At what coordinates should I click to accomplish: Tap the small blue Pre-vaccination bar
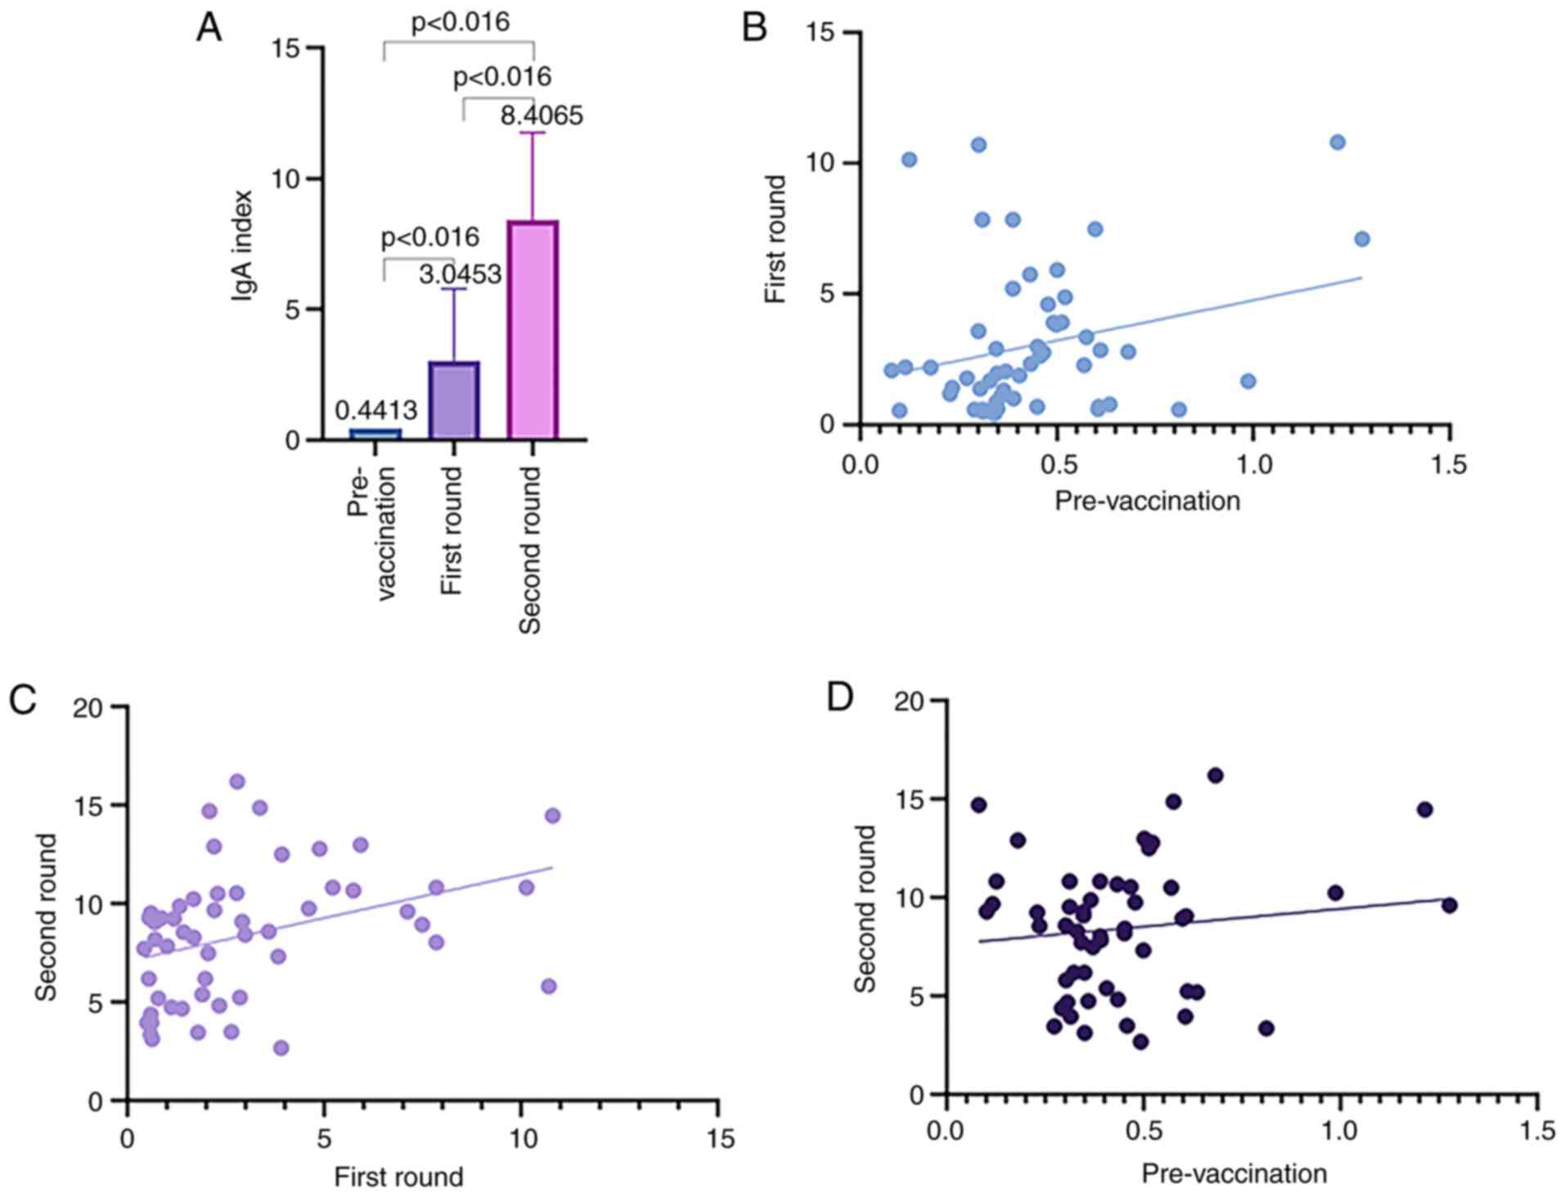pyautogui.click(x=376, y=434)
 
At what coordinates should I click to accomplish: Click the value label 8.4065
pyautogui.click(x=542, y=116)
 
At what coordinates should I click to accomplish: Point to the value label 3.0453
pyautogui.click(x=460, y=275)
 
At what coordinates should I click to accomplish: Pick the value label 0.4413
pyautogui.click(x=376, y=410)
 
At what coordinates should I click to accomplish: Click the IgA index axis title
pyautogui.click(x=242, y=245)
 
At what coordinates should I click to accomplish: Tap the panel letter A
pyautogui.click(x=209, y=29)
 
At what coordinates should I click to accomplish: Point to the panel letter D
pyautogui.click(x=841, y=698)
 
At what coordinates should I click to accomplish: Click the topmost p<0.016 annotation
pyautogui.click(x=460, y=23)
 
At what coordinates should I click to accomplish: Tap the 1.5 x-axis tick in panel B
pyautogui.click(x=1448, y=465)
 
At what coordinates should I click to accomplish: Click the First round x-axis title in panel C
pyautogui.click(x=398, y=1177)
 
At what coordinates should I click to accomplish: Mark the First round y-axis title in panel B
pyautogui.click(x=775, y=239)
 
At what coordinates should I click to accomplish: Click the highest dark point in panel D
pyautogui.click(x=1215, y=775)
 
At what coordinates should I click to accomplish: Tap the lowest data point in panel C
pyautogui.click(x=281, y=1048)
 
